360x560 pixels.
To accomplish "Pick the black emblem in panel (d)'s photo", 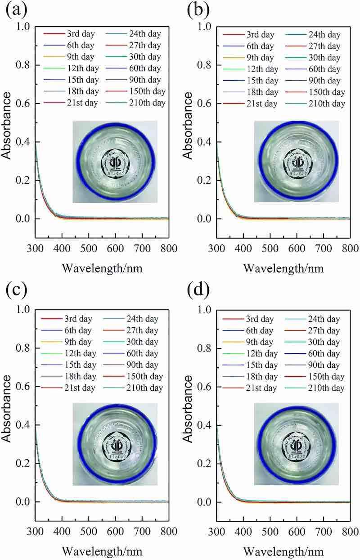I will pos(296,445).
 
